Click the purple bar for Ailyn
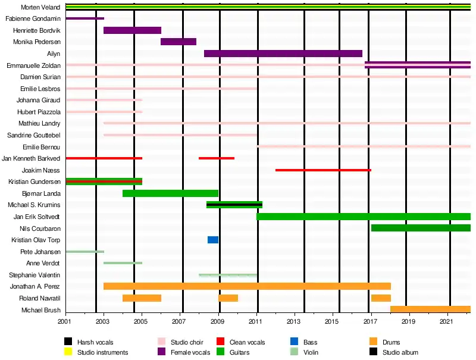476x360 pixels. click(283, 54)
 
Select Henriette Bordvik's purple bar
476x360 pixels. click(132, 30)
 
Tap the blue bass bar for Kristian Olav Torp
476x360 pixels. click(212, 240)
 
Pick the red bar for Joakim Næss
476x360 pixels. click(323, 170)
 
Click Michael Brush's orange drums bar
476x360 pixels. click(430, 309)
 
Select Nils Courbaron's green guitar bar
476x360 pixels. click(421, 228)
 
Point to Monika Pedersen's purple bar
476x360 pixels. click(178, 42)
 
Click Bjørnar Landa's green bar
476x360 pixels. click(170, 193)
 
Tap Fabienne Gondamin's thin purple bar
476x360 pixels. click(84, 18)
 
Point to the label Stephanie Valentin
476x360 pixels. click(35, 275)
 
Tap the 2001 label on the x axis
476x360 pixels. click(65, 322)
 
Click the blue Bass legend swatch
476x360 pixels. click(294, 342)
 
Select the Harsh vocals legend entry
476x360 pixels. click(95, 342)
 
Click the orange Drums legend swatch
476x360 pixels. click(374, 342)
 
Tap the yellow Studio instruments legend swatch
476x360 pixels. click(69, 352)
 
